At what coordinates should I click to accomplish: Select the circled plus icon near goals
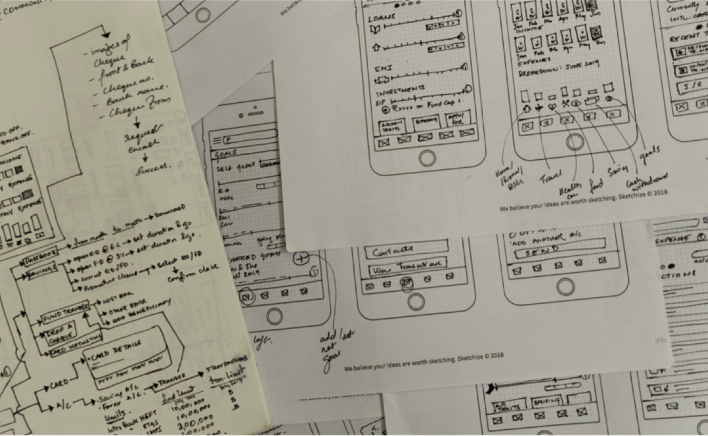tap(302, 258)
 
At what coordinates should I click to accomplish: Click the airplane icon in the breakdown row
tap(539, 107)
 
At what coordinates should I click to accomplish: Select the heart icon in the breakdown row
tap(552, 107)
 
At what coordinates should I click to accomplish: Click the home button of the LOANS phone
tap(427, 158)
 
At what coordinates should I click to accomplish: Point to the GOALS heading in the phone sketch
tap(225, 152)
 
